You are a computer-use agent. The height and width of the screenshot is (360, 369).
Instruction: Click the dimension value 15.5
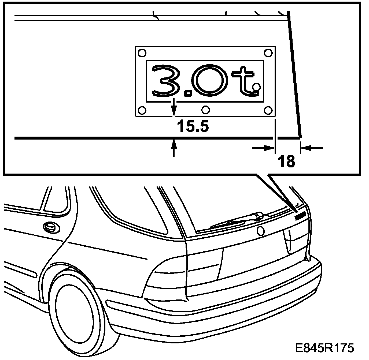coord(192,126)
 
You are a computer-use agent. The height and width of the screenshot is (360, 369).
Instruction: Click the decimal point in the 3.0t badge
coord(189,93)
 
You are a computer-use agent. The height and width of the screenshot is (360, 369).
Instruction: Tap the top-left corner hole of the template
coord(142,52)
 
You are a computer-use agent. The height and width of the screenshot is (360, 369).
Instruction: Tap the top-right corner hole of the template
coord(268,52)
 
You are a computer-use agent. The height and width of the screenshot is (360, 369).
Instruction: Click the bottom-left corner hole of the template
coord(142,110)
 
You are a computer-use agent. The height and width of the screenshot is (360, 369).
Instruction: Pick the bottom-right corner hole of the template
coord(268,110)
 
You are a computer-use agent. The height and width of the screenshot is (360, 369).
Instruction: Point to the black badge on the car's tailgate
coord(300,216)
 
